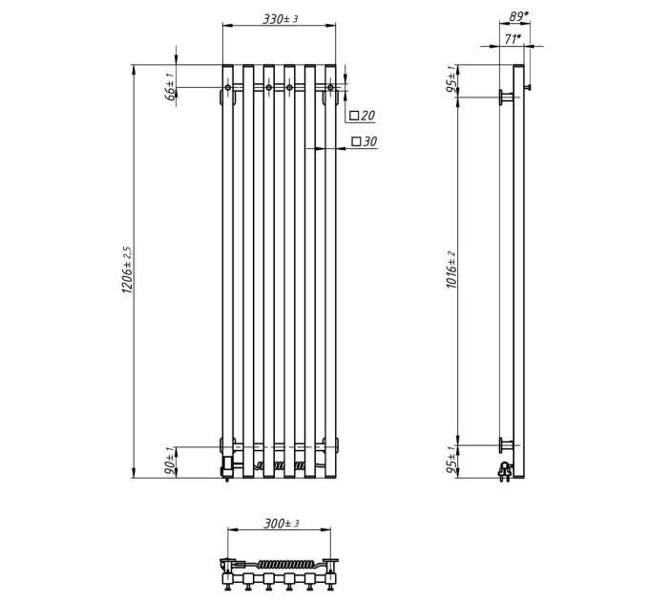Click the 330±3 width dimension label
pyautogui.click(x=281, y=19)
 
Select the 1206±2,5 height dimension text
pyautogui.click(x=127, y=270)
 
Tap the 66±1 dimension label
pyautogui.click(x=170, y=87)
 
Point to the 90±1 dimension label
pyautogui.click(x=170, y=462)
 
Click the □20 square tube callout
pyautogui.click(x=362, y=116)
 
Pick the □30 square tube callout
pyautogui.click(x=365, y=141)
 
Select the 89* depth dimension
pyautogui.click(x=518, y=16)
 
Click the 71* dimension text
pyautogui.click(x=513, y=39)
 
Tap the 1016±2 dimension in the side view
pyautogui.click(x=451, y=269)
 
